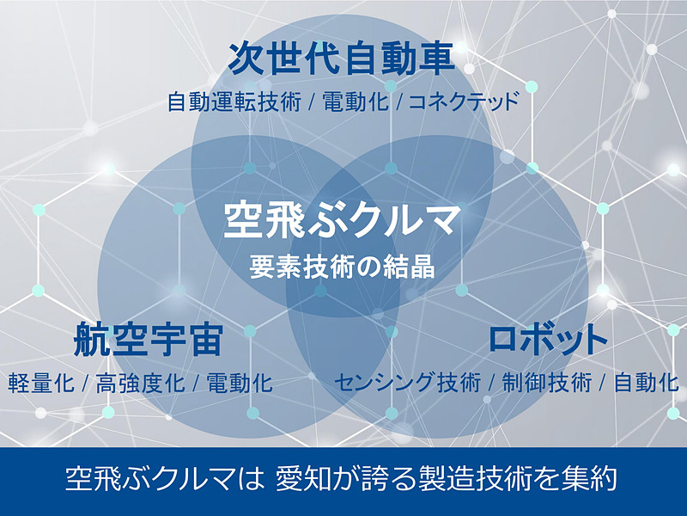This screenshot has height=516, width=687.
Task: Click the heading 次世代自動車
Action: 341,59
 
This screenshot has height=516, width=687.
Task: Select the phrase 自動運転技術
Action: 234,103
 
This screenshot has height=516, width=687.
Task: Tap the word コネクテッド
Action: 464,103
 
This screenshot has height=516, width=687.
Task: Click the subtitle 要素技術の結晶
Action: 343,266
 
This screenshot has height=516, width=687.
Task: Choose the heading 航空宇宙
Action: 149,339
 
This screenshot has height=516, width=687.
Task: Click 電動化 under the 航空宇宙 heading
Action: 240,382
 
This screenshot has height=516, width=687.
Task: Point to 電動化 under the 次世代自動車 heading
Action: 355,103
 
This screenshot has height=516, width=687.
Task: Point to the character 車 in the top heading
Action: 436,59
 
